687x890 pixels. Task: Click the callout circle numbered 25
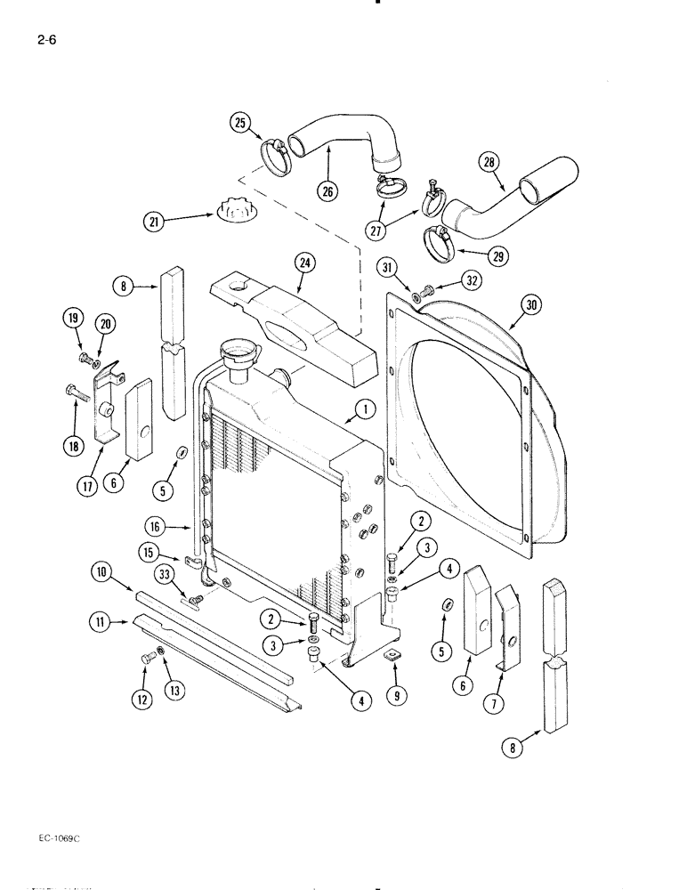click(241, 123)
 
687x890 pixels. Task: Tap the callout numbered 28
click(489, 162)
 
